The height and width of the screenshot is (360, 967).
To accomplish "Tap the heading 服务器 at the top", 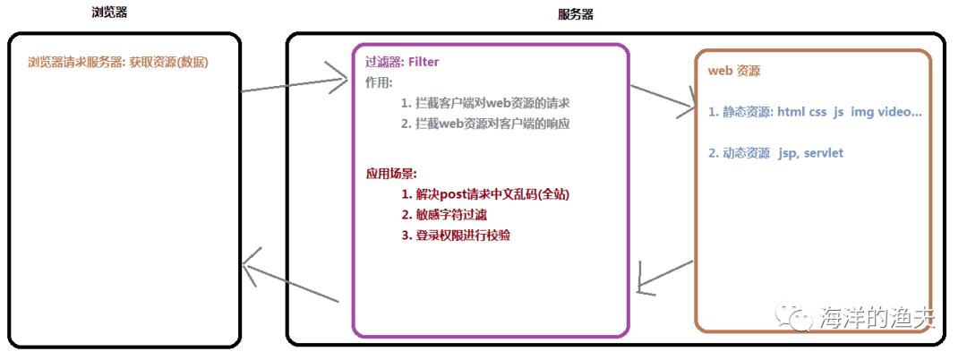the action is pyautogui.click(x=575, y=14).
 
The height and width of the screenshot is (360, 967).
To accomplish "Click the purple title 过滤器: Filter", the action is pyautogui.click(x=402, y=62).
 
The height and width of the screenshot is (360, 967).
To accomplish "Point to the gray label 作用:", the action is pyautogui.click(x=380, y=82).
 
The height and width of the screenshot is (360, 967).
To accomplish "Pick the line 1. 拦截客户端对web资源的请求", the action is pyautogui.click(x=485, y=103).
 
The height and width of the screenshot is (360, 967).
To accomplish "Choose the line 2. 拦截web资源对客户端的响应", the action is pyautogui.click(x=485, y=124).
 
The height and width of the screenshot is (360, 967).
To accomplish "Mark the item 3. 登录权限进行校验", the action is pyautogui.click(x=462, y=235).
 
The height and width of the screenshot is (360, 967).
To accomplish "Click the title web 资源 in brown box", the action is pyautogui.click(x=734, y=70).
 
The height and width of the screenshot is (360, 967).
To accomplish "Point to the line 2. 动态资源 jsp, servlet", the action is pyautogui.click(x=775, y=153).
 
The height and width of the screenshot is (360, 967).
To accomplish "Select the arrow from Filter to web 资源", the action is pyautogui.click(x=663, y=98).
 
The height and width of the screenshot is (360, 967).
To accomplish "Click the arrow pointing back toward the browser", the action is pyautogui.click(x=291, y=279).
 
